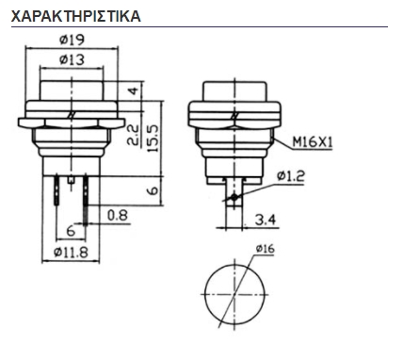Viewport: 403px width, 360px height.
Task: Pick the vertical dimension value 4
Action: coord(134,91)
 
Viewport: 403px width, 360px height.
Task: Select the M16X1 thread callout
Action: coord(313,142)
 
